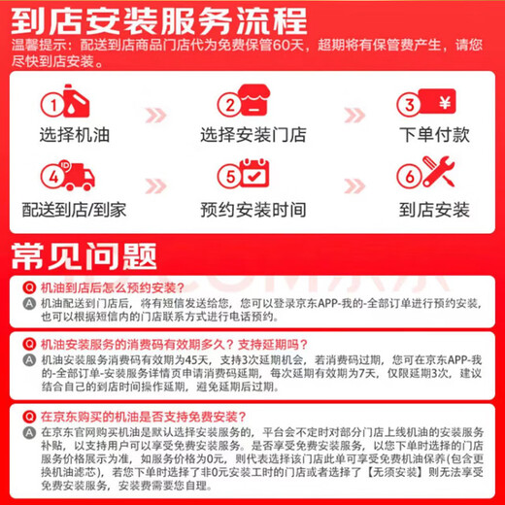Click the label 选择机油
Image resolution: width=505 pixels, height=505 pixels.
coord(74,135)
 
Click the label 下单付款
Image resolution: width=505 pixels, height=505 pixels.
coord(434,135)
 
